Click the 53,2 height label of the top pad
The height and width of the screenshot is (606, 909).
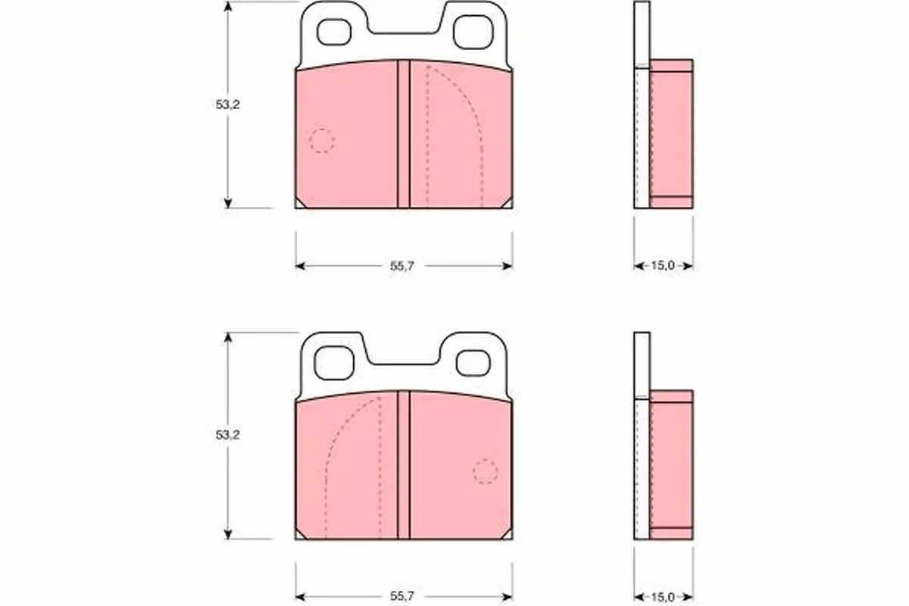tap(228, 105)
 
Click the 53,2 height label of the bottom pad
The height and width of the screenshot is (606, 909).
tap(228, 435)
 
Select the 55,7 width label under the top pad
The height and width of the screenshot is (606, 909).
tap(402, 266)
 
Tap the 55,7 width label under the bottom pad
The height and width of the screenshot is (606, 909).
tap(402, 596)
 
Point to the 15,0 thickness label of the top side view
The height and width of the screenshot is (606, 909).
tap(663, 265)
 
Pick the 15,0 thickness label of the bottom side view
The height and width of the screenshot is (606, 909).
tap(663, 597)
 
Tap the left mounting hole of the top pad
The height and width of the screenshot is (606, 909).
tap(334, 32)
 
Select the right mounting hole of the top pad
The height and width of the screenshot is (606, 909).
tap(473, 32)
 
